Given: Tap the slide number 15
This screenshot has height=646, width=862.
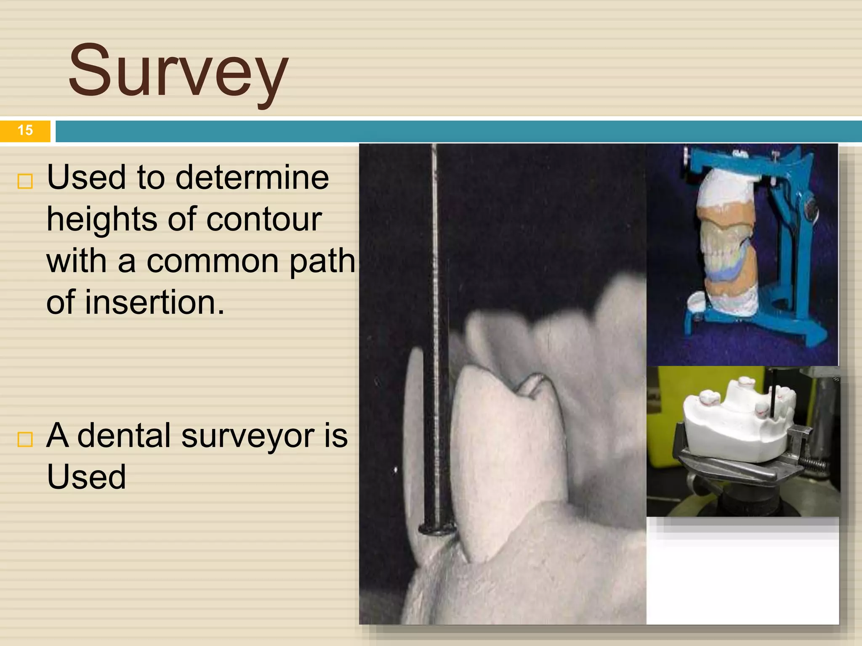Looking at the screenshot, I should pos(25,130).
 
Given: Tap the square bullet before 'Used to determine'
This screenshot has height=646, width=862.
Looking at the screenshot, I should pos(25,181).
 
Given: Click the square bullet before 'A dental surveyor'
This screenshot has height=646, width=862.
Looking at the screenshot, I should pos(25,439).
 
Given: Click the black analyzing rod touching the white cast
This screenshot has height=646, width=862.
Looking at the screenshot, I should pos(774,395).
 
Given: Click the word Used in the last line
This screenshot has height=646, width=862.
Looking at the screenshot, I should pos(86,477).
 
